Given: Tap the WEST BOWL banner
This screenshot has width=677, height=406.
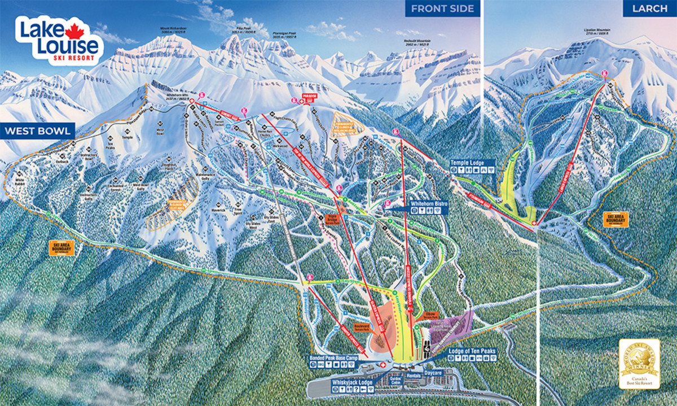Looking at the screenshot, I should click(x=37, y=132).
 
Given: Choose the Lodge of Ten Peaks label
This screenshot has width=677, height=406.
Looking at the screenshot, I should click(x=472, y=351).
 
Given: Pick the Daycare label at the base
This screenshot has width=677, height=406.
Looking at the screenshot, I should click(x=433, y=373).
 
